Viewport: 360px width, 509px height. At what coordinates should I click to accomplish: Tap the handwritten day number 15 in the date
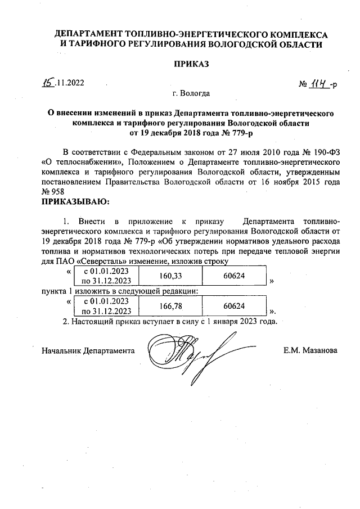tap(49, 82)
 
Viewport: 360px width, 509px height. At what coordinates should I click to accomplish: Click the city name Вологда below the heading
tap(191, 93)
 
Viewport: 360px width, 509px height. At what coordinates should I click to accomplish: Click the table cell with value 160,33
tap(172, 276)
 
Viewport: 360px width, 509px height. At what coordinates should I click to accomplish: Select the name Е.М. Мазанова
tap(311, 350)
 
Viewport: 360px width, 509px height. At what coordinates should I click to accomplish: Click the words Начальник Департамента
tap(88, 350)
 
